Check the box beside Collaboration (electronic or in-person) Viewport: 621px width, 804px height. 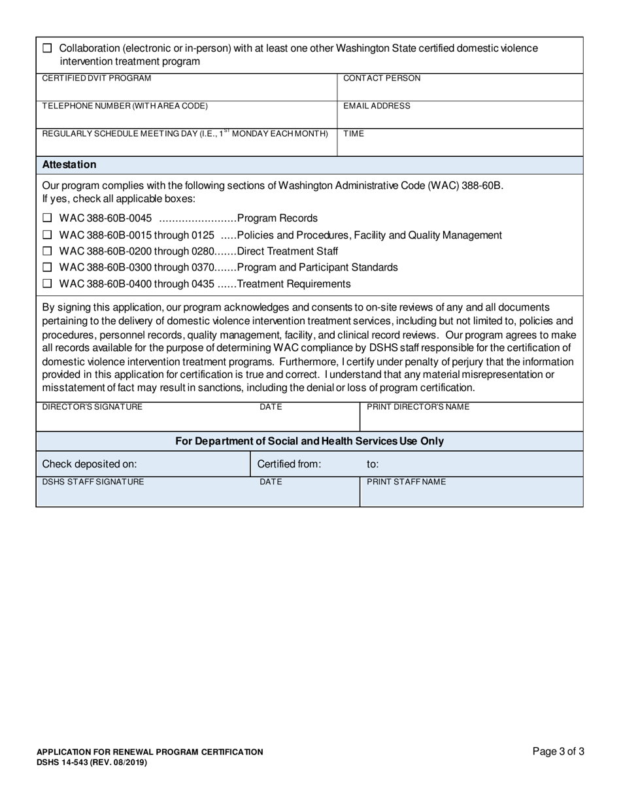tap(47, 48)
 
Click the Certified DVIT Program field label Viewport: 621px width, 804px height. tap(97, 78)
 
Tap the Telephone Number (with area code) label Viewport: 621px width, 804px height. tap(126, 106)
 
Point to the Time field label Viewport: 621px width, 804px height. tap(354, 133)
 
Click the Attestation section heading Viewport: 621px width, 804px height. tap(69, 165)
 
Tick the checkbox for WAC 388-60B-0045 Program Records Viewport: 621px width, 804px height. tap(47, 218)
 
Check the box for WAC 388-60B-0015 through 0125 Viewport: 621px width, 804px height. tap(47, 235)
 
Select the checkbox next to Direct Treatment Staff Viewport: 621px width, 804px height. tap(47, 251)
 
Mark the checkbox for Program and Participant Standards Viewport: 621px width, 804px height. tap(47, 267)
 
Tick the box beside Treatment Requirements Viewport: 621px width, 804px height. tap(47, 284)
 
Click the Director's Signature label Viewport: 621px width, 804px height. tap(92, 407)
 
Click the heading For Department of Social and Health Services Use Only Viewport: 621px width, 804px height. tap(309, 441)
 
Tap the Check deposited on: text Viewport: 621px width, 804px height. tap(90, 464)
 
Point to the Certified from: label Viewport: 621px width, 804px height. tap(289, 464)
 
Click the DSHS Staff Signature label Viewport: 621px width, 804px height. tap(93, 482)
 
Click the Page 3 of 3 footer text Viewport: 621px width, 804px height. tap(558, 752)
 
